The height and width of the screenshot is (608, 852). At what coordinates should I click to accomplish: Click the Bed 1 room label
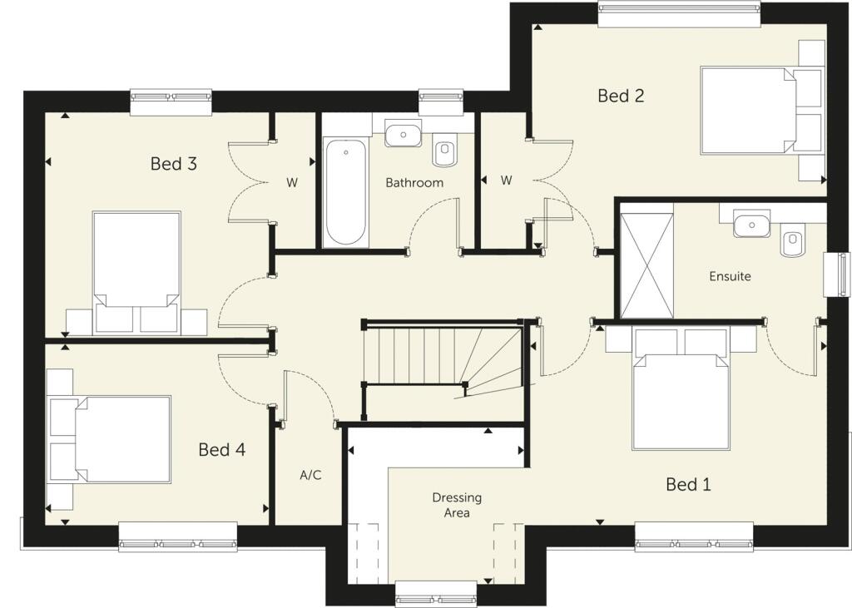(x=688, y=484)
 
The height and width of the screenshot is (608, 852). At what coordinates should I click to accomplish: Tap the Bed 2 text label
(x=621, y=96)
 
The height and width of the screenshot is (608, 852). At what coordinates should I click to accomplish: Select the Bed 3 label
(x=173, y=164)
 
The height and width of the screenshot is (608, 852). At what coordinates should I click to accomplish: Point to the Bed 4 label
(x=221, y=450)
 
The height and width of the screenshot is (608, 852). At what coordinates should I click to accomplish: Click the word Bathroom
(x=414, y=182)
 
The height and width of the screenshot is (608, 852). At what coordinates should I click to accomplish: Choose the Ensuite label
(x=730, y=275)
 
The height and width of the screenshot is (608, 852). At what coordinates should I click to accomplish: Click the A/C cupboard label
(x=310, y=476)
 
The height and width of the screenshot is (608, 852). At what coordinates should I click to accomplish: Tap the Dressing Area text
(x=457, y=505)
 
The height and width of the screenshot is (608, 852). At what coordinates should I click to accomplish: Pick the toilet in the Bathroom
(x=445, y=151)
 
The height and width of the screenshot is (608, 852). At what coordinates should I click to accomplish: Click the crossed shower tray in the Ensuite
(x=646, y=265)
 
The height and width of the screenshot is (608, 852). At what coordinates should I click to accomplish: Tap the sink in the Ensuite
(x=752, y=224)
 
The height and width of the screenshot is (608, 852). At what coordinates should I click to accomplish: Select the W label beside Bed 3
(x=292, y=182)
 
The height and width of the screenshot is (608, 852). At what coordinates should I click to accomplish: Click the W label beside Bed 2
(x=506, y=180)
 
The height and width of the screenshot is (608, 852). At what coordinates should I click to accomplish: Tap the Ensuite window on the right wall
(x=836, y=274)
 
